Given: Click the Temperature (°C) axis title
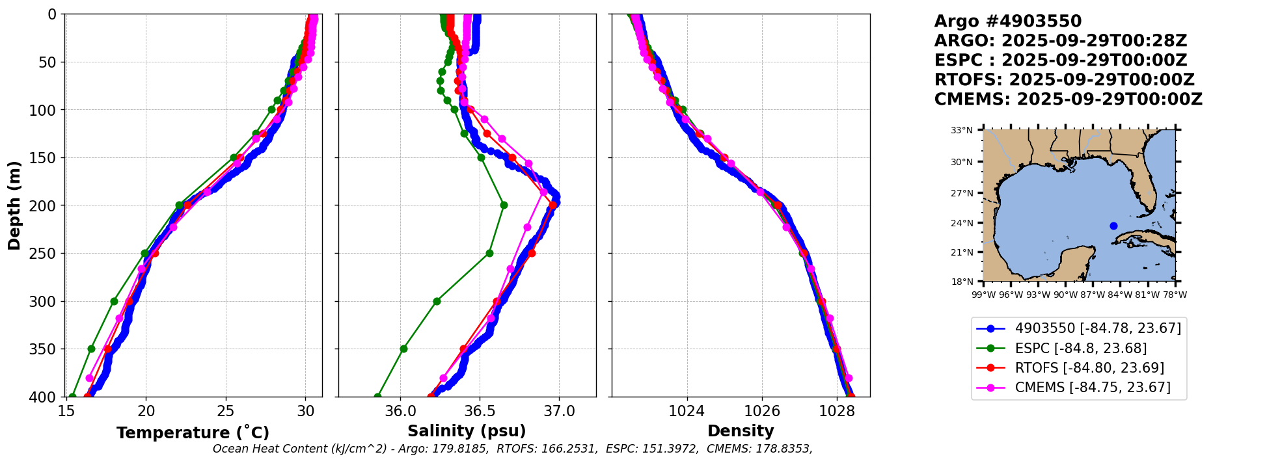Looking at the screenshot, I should pos(193,433).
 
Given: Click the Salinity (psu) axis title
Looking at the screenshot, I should pos(467,431).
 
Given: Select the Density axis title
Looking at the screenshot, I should pos(741,431).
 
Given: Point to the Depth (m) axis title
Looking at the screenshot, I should pos(14,205).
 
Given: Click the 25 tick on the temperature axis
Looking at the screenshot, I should pos(226,411).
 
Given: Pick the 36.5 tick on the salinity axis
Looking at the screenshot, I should pos(480,411).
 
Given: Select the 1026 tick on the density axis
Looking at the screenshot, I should pos(761,411).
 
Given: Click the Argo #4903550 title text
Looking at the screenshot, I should pos(1007,21).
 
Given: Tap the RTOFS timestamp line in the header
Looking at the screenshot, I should pos(1064,80).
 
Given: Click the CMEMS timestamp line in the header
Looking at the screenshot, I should pos(1068,99).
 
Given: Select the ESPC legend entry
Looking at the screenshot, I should pos(1080,349).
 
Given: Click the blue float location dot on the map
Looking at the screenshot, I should pos(1113,226).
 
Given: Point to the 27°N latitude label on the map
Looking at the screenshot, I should pos(962,193).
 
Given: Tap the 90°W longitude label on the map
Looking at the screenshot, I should pos(1065,295).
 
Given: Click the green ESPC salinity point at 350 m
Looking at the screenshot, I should pos(403,349).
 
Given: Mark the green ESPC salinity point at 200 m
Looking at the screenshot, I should pos(504,205).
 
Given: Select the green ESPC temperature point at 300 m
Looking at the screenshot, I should pos(114,301).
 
